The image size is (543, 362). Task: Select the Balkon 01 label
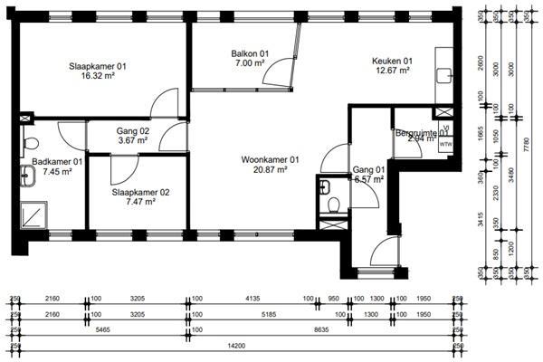(x=250, y=54)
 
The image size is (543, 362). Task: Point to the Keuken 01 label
(x=392, y=62)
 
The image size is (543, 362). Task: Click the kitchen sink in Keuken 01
(x=443, y=75)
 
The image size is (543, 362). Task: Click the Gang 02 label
(x=132, y=130)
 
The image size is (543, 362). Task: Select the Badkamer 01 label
(x=56, y=162)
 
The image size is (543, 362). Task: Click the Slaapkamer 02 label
(x=140, y=193)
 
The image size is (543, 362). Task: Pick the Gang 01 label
(x=368, y=169)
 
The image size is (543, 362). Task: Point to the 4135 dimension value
(x=248, y=298)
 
